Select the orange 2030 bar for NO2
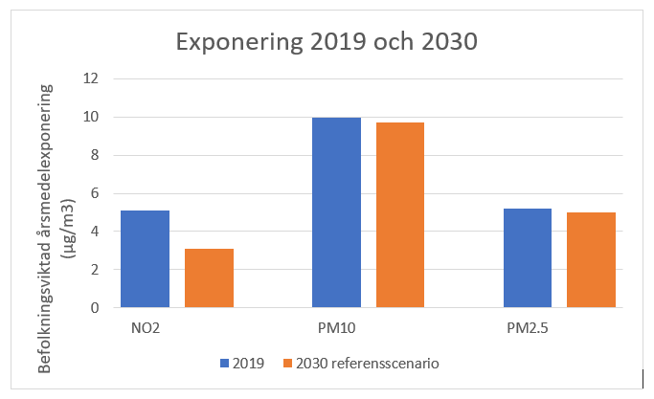(x=209, y=278)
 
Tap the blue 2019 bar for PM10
(x=335, y=212)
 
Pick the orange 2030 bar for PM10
(x=399, y=215)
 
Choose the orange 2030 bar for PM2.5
(x=591, y=260)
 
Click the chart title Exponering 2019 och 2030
(x=327, y=42)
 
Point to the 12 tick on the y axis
(x=92, y=78)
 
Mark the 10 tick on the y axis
(x=92, y=117)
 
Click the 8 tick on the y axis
(x=95, y=155)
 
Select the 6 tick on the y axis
(x=95, y=193)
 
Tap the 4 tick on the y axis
(x=95, y=232)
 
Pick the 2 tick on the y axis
(x=95, y=270)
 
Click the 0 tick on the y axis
(x=95, y=308)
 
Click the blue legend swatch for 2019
(x=224, y=364)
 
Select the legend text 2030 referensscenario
(x=368, y=364)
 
